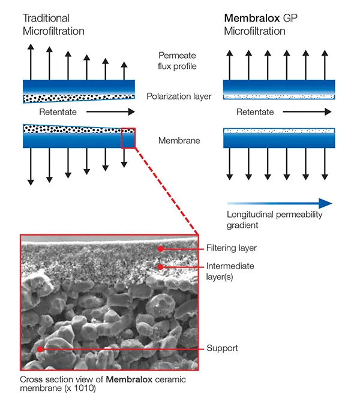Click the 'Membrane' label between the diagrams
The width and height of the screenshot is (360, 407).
(178, 141)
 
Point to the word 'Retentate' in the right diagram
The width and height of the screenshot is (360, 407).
(255, 112)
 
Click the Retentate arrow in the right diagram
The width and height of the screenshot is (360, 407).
(306, 112)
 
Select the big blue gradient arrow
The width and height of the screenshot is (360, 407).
(279, 203)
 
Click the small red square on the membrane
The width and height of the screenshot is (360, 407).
(128, 137)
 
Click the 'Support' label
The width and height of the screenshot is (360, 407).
(222, 348)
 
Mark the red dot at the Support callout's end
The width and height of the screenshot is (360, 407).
(40, 348)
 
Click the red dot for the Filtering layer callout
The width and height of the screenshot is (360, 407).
(160, 248)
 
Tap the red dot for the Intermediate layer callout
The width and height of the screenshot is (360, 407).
(160, 266)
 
